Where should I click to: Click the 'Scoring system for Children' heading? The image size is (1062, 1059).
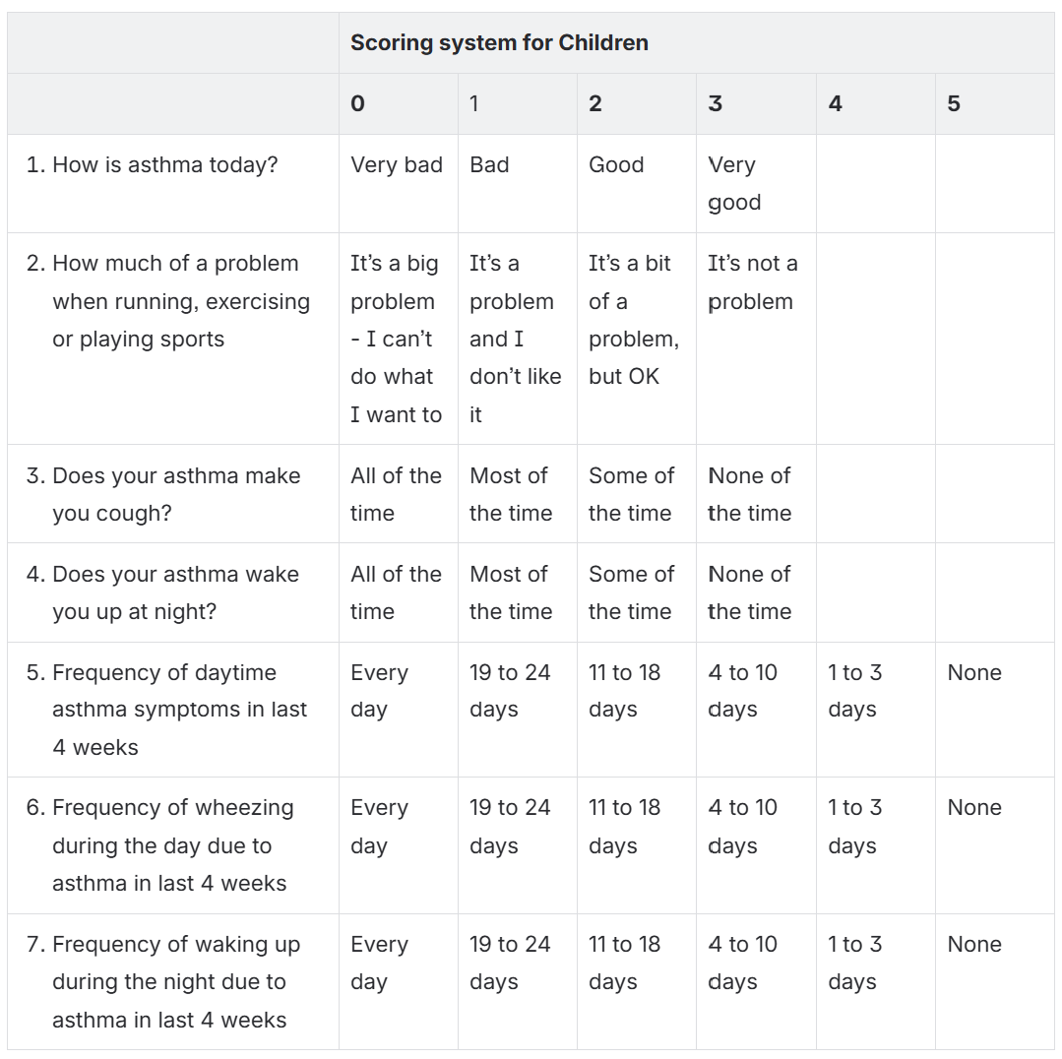pyautogui.click(x=499, y=43)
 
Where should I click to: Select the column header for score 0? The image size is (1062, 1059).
pyautogui.click(x=357, y=104)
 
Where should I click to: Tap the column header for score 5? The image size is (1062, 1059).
pyautogui.click(x=954, y=104)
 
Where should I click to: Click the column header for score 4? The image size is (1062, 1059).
pyautogui.click(x=835, y=104)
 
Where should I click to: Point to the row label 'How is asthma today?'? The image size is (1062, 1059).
pyautogui.click(x=164, y=165)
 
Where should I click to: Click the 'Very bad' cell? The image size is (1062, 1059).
pyautogui.click(x=396, y=165)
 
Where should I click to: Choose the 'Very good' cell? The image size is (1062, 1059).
pyautogui.click(x=734, y=184)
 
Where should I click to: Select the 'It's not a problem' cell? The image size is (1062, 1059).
pyautogui.click(x=753, y=282)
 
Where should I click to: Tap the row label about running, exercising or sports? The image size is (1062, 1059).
pyautogui.click(x=180, y=301)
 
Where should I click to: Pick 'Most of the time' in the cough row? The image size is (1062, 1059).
pyautogui.click(x=510, y=494)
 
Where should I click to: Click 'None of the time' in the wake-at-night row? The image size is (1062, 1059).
pyautogui.click(x=749, y=592)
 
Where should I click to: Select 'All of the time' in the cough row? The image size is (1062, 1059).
pyautogui.click(x=396, y=494)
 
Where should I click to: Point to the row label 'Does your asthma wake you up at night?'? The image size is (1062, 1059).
pyautogui.click(x=175, y=592)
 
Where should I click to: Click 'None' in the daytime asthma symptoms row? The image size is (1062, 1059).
pyautogui.click(x=974, y=673)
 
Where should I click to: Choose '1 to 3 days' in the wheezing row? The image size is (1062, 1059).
pyautogui.click(x=854, y=827)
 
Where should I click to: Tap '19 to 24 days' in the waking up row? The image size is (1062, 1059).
pyautogui.click(x=510, y=963)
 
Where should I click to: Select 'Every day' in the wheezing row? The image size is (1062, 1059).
pyautogui.click(x=378, y=827)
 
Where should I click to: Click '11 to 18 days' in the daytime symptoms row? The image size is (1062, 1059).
pyautogui.click(x=624, y=691)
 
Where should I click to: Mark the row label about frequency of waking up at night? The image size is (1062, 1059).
pyautogui.click(x=175, y=982)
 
